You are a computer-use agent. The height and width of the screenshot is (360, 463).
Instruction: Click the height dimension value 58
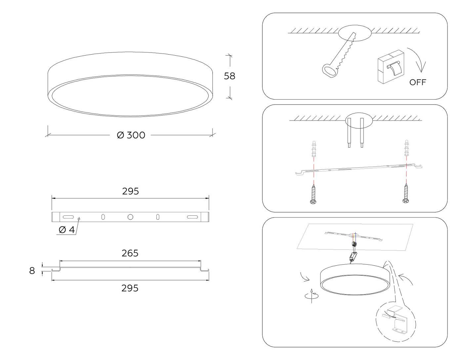229,76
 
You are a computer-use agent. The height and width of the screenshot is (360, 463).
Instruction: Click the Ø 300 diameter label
131,135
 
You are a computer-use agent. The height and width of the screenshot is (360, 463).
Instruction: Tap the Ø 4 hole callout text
67,230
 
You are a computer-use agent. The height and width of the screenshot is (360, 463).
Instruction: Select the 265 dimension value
130,253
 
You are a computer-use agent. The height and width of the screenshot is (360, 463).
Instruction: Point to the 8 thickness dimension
32,271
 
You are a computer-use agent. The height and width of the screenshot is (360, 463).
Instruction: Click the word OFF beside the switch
418,82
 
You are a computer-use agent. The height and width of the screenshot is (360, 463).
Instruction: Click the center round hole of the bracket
130,217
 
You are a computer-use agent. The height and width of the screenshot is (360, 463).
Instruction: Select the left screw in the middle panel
314,194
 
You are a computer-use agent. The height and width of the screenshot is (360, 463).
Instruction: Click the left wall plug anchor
314,149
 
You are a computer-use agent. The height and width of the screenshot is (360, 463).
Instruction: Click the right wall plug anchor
407,148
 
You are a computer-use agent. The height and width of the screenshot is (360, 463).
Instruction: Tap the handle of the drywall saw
330,70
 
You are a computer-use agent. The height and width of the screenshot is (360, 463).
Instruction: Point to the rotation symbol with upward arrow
312,295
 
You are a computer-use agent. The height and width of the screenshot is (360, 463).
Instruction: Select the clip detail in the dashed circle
396,322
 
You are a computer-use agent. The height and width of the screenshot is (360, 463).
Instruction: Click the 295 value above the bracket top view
130,191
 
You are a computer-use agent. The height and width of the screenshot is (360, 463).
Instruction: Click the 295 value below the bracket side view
130,288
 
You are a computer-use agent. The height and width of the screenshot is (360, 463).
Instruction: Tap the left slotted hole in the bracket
68,217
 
